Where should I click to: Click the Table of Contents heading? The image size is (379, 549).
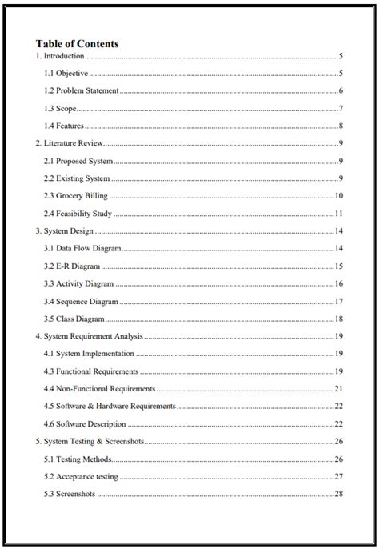click(x=77, y=44)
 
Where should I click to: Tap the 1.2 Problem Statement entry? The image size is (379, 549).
click(x=82, y=91)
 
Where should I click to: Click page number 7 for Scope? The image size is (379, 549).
click(x=341, y=109)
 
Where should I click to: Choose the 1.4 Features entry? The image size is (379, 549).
click(x=64, y=126)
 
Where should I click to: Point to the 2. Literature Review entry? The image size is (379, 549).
click(x=70, y=143)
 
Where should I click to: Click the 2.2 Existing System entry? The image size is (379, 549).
click(x=77, y=178)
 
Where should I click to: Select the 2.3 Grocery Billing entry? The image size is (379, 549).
click(x=76, y=196)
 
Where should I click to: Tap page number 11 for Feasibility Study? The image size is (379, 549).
click(x=339, y=214)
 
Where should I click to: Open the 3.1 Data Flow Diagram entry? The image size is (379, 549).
click(x=81, y=249)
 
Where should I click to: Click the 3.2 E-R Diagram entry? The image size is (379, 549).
click(x=72, y=266)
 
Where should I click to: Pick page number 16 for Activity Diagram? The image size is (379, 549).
click(x=339, y=284)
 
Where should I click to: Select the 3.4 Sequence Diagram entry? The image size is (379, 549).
click(x=81, y=302)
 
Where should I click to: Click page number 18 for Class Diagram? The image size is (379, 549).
click(x=339, y=319)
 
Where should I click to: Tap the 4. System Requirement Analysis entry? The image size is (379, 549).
click(x=90, y=336)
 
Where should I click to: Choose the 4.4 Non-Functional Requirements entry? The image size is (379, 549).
click(x=99, y=389)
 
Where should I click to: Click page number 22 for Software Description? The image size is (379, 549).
click(x=339, y=424)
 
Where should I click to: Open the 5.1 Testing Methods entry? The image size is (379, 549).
click(x=78, y=459)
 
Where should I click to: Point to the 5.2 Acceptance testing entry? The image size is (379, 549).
click(x=81, y=477)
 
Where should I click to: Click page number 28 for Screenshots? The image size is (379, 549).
click(x=339, y=495)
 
